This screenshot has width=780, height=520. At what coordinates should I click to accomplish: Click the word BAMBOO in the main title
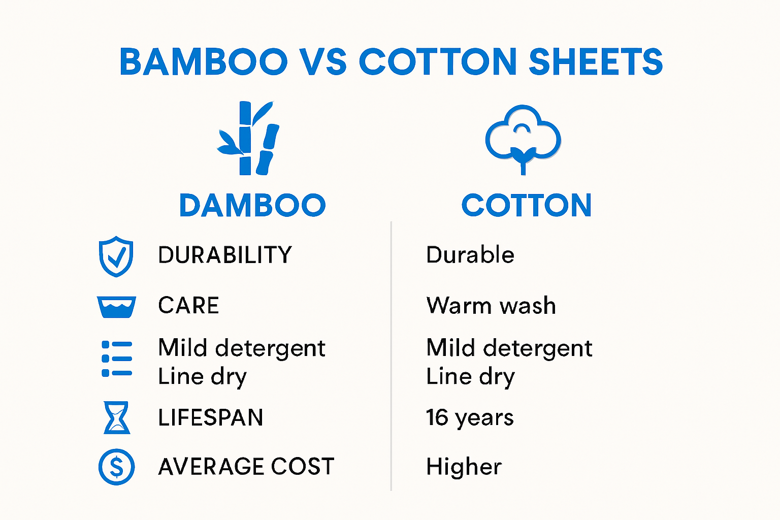pyautogui.click(x=203, y=62)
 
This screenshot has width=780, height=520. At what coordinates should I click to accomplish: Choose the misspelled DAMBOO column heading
pyautogui.click(x=252, y=205)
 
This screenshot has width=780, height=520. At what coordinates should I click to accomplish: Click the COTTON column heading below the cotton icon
pyautogui.click(x=527, y=205)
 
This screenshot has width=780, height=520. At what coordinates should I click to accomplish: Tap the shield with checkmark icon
pyautogui.click(x=116, y=256)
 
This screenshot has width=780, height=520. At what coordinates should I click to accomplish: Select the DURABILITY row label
pyautogui.click(x=225, y=255)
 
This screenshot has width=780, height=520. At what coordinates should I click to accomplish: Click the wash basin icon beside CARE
pyautogui.click(x=116, y=307)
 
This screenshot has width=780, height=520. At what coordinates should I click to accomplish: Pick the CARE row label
pyautogui.click(x=188, y=306)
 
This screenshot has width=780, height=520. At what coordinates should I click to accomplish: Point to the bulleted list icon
pyautogui.click(x=117, y=359)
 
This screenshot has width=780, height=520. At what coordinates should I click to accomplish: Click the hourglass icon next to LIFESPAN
pyautogui.click(x=117, y=417)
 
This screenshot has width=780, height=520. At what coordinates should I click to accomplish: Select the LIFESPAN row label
pyautogui.click(x=211, y=418)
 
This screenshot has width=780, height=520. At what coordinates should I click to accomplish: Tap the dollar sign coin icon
pyautogui.click(x=116, y=467)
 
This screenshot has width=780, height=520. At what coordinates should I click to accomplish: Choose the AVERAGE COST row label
pyautogui.click(x=246, y=467)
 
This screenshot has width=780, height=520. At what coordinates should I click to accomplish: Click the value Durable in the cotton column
pyautogui.click(x=470, y=255)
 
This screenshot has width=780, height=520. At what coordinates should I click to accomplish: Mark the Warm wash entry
pyautogui.click(x=491, y=306)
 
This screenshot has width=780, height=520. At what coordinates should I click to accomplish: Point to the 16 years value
pyautogui.click(x=470, y=418)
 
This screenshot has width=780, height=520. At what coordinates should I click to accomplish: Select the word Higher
pyautogui.click(x=464, y=467)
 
